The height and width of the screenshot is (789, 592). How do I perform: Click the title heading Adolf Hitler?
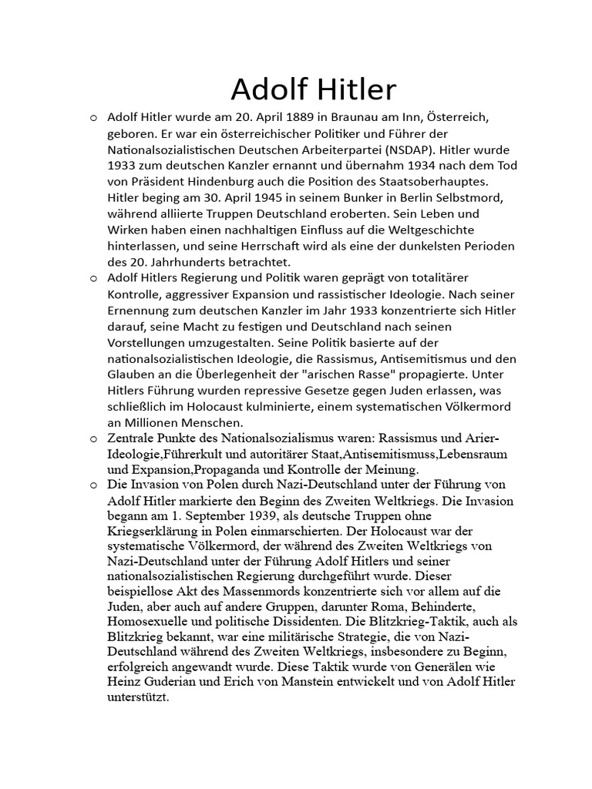[x=313, y=90]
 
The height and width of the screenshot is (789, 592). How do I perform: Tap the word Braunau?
[x=347, y=119]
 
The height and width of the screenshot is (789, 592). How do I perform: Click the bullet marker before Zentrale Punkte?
[x=93, y=439]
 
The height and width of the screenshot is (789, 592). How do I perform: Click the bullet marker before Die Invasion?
[x=93, y=485]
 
